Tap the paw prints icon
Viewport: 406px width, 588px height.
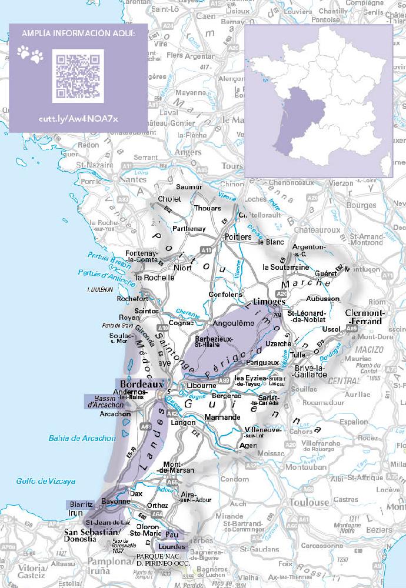(x=31, y=56)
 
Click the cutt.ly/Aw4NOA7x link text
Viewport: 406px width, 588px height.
(x=78, y=119)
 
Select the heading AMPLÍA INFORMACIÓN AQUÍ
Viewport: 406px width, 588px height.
(x=78, y=34)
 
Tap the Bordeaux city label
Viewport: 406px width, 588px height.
(x=141, y=383)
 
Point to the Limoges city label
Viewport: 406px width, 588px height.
(x=268, y=301)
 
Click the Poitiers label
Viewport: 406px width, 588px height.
(x=238, y=236)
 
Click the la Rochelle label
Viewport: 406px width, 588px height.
(x=155, y=277)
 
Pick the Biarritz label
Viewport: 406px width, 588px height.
(x=81, y=505)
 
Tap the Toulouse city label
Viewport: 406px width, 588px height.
(x=309, y=503)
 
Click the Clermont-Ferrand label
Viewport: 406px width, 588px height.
(x=365, y=317)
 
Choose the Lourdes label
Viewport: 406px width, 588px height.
(x=172, y=547)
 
